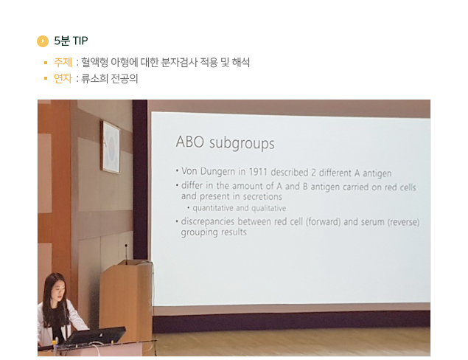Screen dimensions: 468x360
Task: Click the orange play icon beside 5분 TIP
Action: (x=43, y=41)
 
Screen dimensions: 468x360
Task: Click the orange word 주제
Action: (x=63, y=63)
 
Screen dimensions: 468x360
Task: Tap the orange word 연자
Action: (x=63, y=79)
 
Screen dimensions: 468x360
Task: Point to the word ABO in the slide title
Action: (x=190, y=142)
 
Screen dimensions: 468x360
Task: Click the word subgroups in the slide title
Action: (x=242, y=144)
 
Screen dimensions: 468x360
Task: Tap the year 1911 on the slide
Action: (x=258, y=172)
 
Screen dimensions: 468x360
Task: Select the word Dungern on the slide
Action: (x=217, y=172)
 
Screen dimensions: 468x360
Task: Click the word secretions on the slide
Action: (x=262, y=196)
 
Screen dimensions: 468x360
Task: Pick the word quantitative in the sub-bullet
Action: (x=213, y=208)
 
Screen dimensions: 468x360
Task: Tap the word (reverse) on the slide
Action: (x=404, y=223)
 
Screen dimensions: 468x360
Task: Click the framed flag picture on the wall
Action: (x=111, y=147)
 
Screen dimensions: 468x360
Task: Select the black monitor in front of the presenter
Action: (x=96, y=336)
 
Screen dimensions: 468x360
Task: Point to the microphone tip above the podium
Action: (x=126, y=246)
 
